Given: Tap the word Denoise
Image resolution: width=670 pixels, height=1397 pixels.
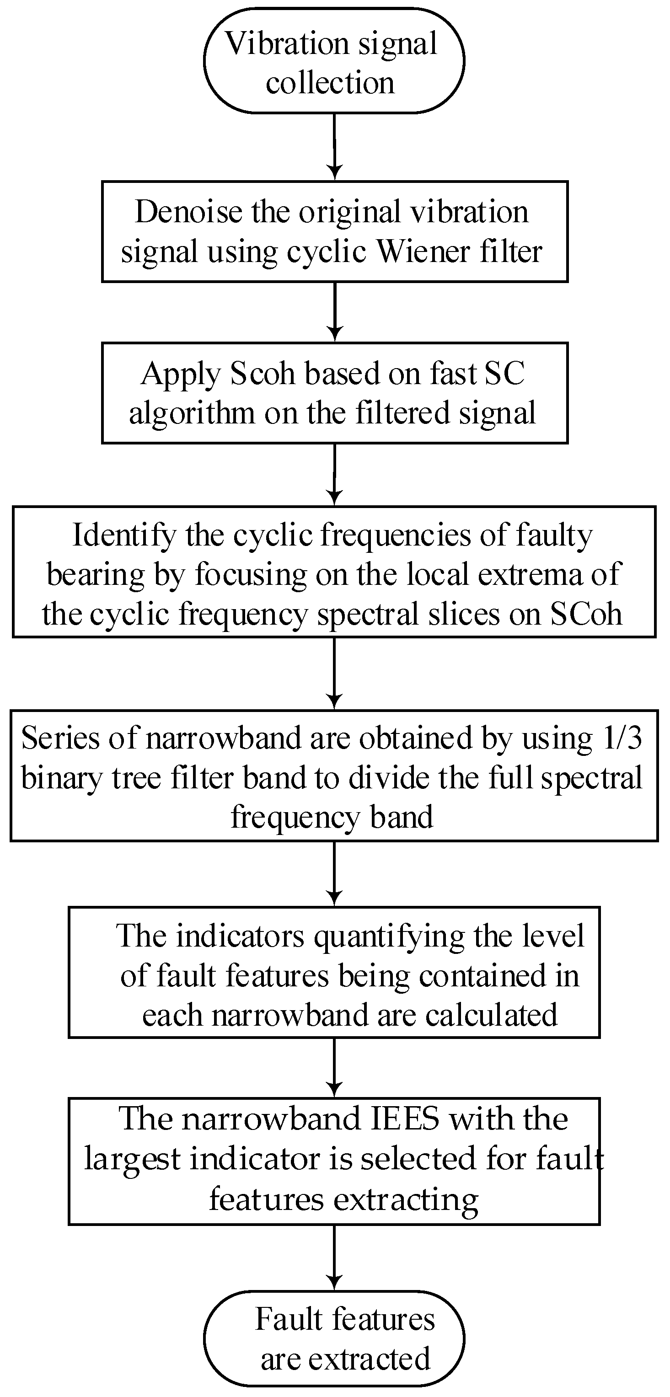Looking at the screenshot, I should pos(188,212).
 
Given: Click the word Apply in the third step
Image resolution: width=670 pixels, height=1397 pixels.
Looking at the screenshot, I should pos(181,375).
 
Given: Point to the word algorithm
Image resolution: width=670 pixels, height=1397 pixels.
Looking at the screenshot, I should pos(192,413).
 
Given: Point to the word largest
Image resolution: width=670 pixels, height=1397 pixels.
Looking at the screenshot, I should pos(132,1160).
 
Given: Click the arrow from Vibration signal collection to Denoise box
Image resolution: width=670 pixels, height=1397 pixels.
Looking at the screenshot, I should pos(335,146).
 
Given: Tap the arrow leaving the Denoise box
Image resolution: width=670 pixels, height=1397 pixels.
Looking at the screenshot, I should pos(335,312).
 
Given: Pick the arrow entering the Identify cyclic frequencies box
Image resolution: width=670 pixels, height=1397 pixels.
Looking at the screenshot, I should pos(335,475).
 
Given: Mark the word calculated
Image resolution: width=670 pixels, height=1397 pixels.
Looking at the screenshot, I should pos(491,1015).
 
